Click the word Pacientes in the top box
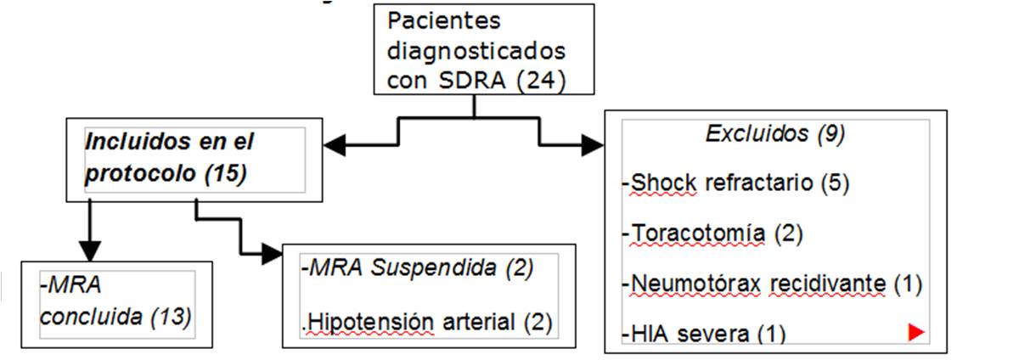(x=445, y=20)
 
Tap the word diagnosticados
(x=476, y=49)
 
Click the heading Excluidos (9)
(x=775, y=133)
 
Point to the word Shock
(x=663, y=183)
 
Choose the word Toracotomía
(x=699, y=233)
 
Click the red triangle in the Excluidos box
(x=915, y=333)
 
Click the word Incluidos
(x=128, y=141)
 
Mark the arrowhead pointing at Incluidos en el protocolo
(x=336, y=145)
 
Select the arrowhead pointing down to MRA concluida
(x=89, y=250)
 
